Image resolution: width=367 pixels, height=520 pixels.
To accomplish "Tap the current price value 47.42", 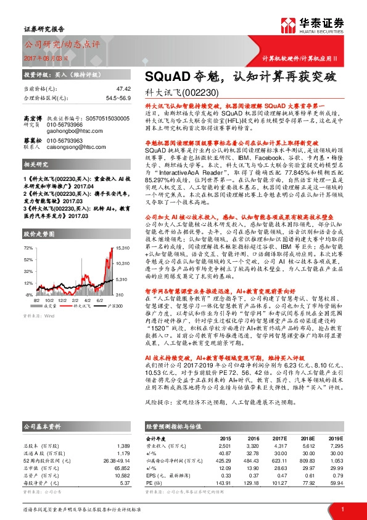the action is click(x=123, y=88).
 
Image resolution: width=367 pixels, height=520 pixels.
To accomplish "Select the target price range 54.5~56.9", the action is click(x=117, y=98).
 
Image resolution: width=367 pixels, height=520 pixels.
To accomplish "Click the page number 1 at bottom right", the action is click(x=342, y=508).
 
